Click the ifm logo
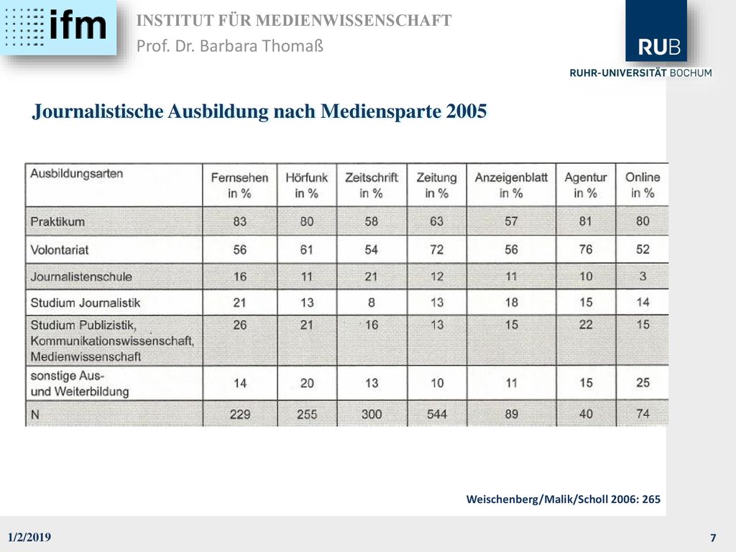[x=58, y=27]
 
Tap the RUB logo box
[x=655, y=30]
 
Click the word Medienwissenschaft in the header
[x=354, y=21]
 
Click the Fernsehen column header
[x=239, y=185]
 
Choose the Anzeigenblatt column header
[x=511, y=185]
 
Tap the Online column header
[x=643, y=185]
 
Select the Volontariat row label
[x=60, y=249]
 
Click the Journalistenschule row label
[x=81, y=277]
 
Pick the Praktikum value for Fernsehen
[x=240, y=221]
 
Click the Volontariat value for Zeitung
[x=436, y=249]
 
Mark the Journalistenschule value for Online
[x=643, y=276]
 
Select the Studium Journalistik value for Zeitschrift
[x=372, y=303]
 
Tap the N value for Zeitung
[x=436, y=414]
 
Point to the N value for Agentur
[x=586, y=414]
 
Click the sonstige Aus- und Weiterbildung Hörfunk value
[x=307, y=383]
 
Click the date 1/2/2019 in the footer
[x=29, y=537]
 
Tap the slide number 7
[x=714, y=538]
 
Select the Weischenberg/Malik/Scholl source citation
[x=563, y=499]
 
